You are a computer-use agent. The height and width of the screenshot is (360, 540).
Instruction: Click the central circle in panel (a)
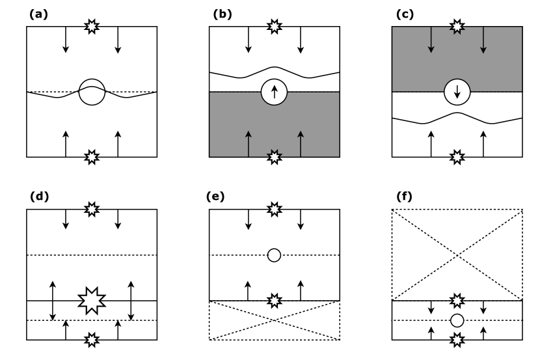pos(92,92)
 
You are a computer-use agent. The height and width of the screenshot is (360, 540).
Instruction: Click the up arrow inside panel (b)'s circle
pos(275,92)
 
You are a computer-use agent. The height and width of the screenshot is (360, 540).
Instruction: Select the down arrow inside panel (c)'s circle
pos(457,92)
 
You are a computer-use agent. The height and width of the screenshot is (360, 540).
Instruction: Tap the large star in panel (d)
pos(92,300)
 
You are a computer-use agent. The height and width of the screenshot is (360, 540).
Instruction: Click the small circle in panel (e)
pos(275,255)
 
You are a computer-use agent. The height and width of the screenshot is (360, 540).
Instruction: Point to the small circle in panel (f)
pos(457,320)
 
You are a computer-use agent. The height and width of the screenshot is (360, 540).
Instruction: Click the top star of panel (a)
pos(92,27)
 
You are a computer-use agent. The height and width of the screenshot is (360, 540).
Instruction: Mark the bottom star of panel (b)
pos(275,157)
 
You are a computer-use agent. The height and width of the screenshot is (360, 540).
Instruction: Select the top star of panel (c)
pos(457,27)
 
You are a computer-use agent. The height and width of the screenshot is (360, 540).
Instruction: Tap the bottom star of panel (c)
pos(457,157)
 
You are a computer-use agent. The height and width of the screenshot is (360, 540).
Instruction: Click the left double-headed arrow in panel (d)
pos(53,300)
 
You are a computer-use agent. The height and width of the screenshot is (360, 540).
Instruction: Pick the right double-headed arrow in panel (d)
pos(131,300)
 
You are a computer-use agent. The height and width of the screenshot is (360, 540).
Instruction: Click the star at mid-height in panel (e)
pos(275,300)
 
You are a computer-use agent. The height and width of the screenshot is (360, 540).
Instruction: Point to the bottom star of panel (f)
pos(457,339)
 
